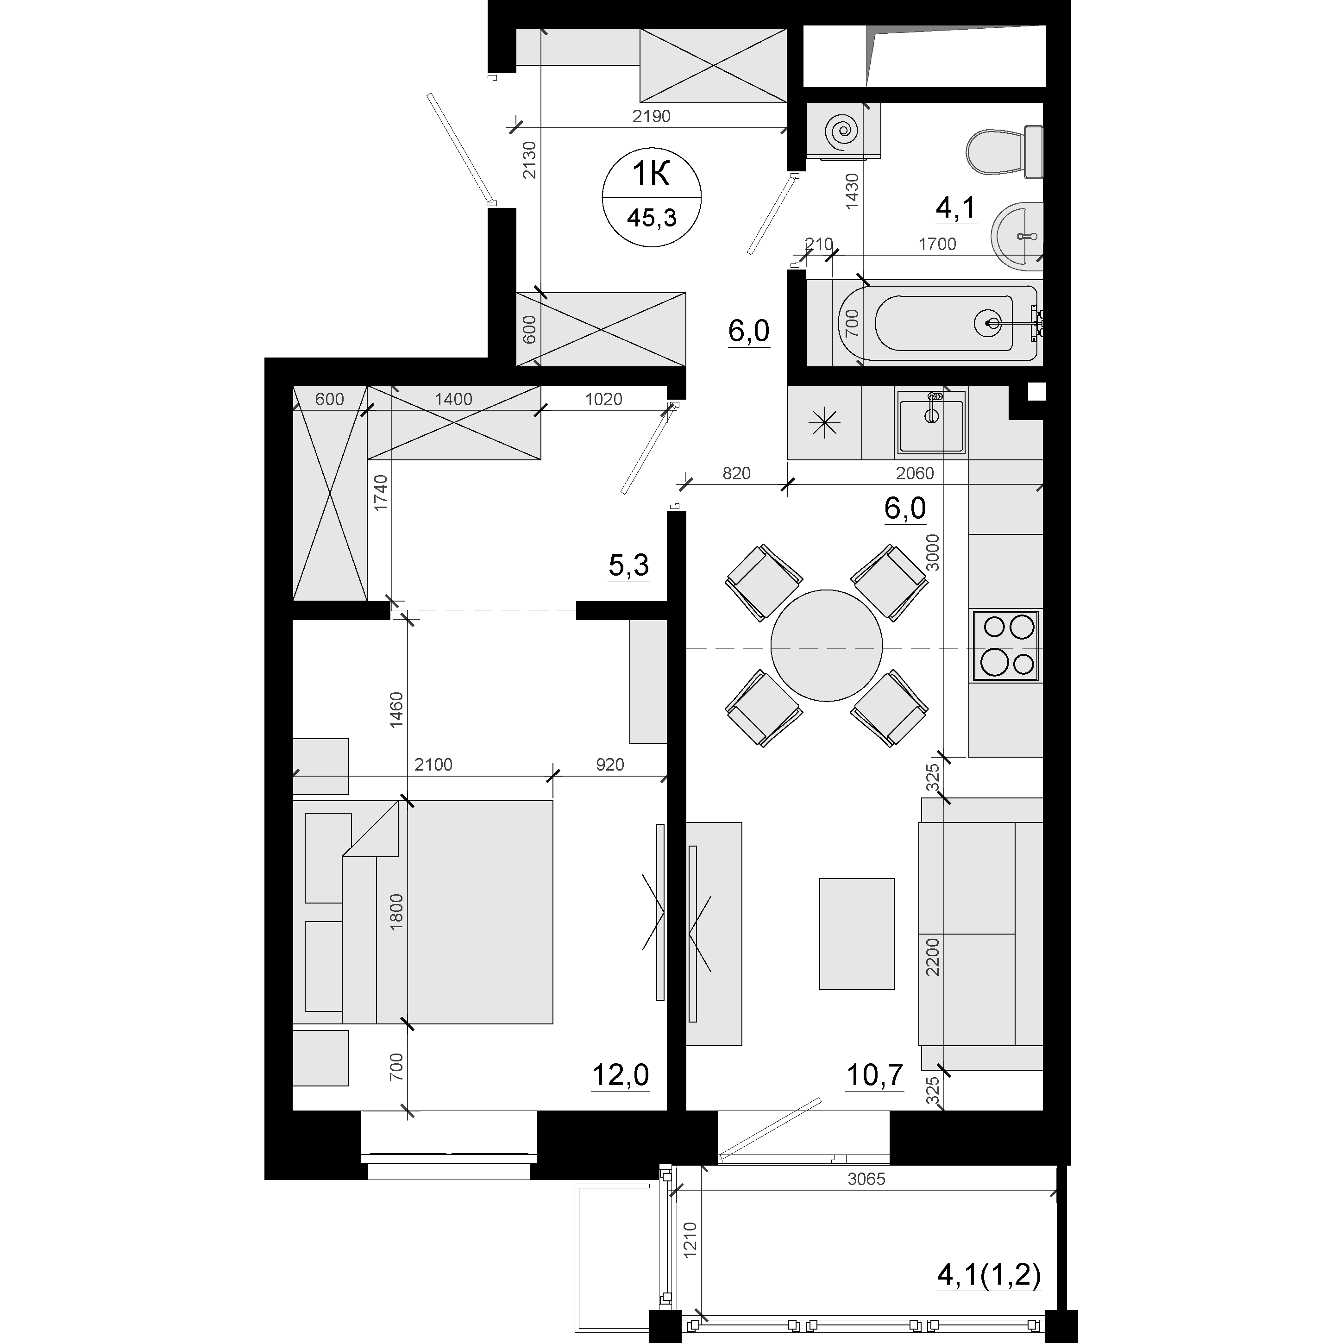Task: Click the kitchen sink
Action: click(931, 421)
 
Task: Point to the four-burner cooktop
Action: click(1006, 646)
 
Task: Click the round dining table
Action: click(827, 646)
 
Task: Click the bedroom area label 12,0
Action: click(620, 1075)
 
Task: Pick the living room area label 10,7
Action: click(874, 1075)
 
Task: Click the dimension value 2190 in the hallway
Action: click(651, 116)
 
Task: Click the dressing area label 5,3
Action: click(628, 566)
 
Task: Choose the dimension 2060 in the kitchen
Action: click(915, 473)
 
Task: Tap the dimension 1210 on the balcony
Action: click(690, 1259)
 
